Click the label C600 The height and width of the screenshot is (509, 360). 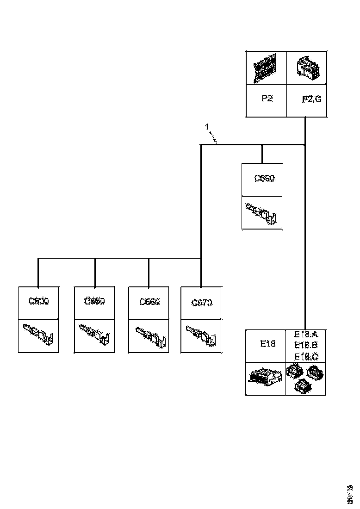pyautogui.click(x=39, y=301)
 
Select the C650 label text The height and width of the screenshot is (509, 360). pyautogui.click(x=95, y=301)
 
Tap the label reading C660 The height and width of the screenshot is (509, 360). pyautogui.click(x=149, y=302)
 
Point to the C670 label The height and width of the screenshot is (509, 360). pyautogui.click(x=202, y=303)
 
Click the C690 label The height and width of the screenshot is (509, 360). pyautogui.click(x=265, y=178)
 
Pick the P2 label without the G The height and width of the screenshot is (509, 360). pyautogui.click(x=266, y=99)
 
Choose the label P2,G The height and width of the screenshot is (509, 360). pyautogui.click(x=311, y=99)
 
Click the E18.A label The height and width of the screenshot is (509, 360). pyautogui.click(x=306, y=334)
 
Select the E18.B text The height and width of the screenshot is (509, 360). pyautogui.click(x=306, y=345)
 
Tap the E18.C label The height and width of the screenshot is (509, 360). pyautogui.click(x=306, y=356)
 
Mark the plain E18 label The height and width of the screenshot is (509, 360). pyautogui.click(x=267, y=344)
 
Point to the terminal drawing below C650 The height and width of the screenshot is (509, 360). pyautogui.click(x=95, y=334)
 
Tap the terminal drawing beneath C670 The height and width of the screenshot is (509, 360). pyautogui.click(x=202, y=335)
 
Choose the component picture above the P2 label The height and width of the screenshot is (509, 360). pyautogui.click(x=265, y=68)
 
